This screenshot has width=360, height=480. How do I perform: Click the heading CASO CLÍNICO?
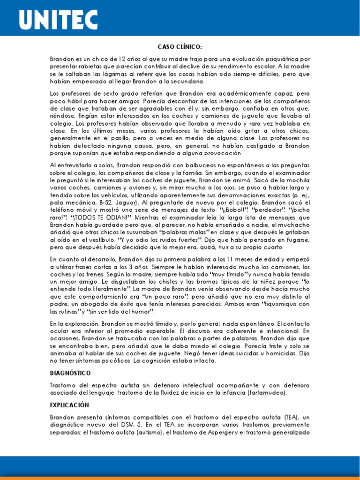coord(180,47)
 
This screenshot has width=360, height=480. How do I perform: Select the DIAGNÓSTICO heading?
coord(70,373)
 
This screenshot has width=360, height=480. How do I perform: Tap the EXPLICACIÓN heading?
coord(69,405)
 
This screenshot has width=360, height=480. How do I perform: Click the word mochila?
coord(297,180)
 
